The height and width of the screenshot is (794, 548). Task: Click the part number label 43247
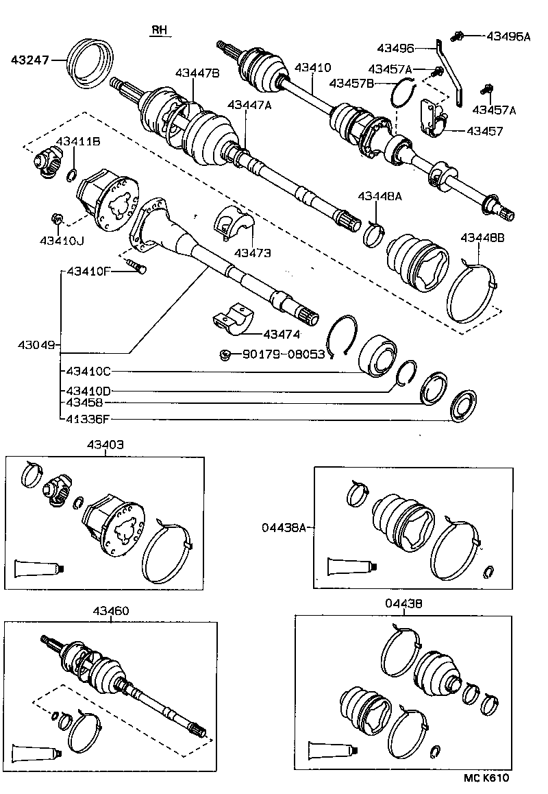tap(29, 60)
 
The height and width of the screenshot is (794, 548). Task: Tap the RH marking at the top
tap(160, 30)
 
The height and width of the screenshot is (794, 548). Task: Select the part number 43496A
tap(508, 36)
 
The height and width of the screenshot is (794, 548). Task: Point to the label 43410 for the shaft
tap(312, 68)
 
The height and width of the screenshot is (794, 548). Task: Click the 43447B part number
tap(197, 73)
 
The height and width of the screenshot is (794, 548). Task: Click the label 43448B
tap(482, 237)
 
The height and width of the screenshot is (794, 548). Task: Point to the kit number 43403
tap(105, 444)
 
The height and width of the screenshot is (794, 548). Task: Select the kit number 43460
tap(110, 610)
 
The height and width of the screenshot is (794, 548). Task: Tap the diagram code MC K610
tap(486, 778)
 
